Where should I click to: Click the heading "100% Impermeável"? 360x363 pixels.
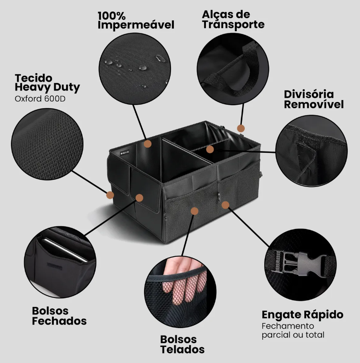click(x=136, y=20)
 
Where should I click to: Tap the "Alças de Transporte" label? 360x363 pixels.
click(x=233, y=19)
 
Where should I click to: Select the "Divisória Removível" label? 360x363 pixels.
click(x=314, y=99)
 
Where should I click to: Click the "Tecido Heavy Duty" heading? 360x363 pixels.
click(x=47, y=82)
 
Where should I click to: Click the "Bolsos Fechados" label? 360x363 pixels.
click(x=60, y=316)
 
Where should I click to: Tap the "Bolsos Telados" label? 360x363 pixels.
click(x=182, y=344)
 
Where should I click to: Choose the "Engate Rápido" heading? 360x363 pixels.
click(x=302, y=315)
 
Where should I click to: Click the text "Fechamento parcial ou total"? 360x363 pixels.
click(x=293, y=330)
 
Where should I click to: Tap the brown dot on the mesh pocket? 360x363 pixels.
click(x=194, y=211)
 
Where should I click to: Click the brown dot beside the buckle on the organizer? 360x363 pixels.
click(x=225, y=205)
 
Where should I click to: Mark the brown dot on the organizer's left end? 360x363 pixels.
click(x=110, y=194)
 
